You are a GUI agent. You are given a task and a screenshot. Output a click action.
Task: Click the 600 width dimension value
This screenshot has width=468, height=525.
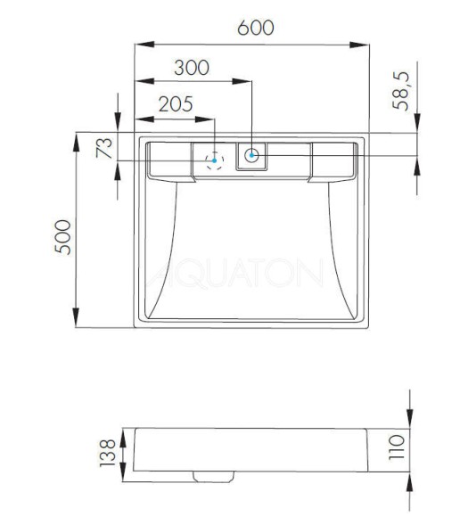[x=256, y=28]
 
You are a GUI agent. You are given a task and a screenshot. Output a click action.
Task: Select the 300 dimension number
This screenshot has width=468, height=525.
[x=192, y=68]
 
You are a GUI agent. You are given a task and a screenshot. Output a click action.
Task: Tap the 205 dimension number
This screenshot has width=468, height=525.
[x=176, y=103]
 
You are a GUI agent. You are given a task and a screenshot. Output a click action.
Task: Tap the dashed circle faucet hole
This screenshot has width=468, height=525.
[x=213, y=160]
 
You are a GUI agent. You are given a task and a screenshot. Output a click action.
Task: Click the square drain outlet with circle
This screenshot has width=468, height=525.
[x=253, y=156]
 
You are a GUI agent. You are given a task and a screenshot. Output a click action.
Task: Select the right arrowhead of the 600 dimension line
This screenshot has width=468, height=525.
[x=365, y=43]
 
